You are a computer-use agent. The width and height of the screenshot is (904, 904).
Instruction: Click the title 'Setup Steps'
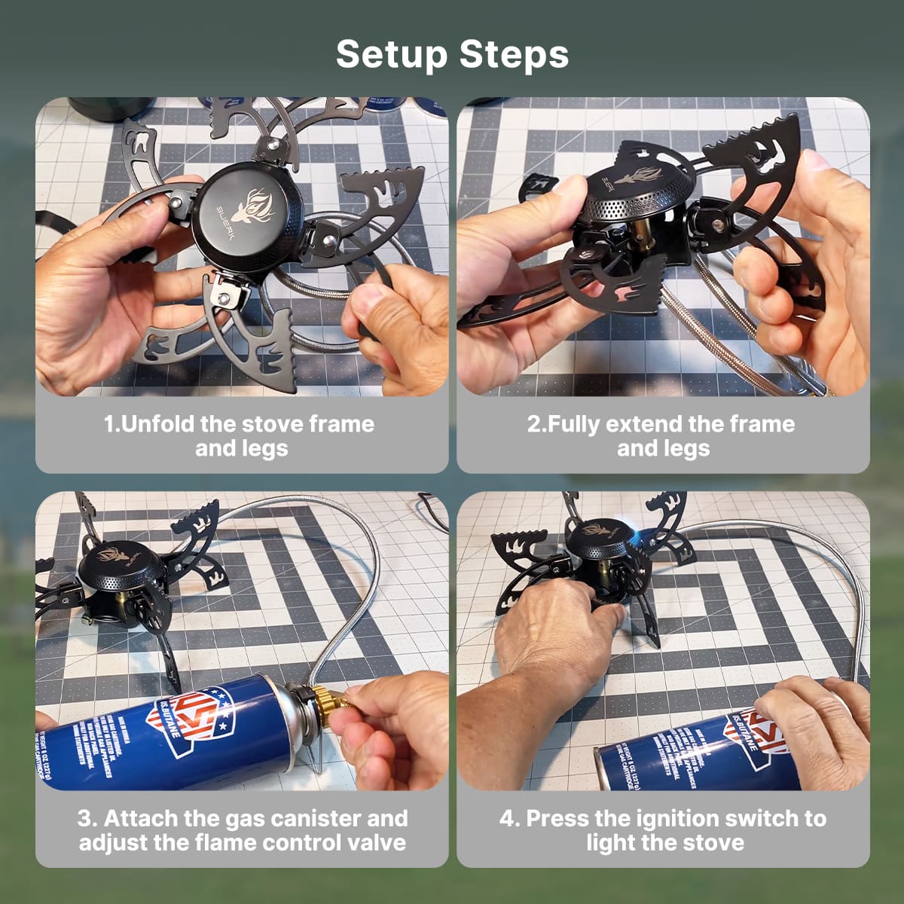tap(452, 54)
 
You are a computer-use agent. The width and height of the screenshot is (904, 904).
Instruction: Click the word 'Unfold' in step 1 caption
tap(157, 424)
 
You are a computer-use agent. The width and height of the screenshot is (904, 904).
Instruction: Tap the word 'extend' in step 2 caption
tap(644, 424)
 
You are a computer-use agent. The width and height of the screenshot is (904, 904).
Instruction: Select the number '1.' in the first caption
tap(111, 424)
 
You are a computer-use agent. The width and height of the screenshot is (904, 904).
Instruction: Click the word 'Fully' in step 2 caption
tap(573, 424)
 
